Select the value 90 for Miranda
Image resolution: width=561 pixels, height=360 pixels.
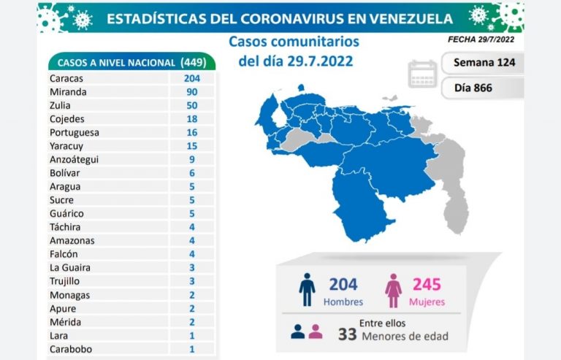point(193,92)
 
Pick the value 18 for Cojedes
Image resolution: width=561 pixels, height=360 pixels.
point(193,119)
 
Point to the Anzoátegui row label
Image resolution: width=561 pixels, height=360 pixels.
point(74,159)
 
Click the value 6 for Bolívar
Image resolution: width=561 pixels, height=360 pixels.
point(193,173)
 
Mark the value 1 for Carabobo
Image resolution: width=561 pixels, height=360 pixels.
point(193,348)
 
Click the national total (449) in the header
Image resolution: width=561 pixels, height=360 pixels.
point(195,63)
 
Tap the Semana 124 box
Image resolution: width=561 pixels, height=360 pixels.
point(484,62)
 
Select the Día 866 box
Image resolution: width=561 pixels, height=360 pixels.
point(473,88)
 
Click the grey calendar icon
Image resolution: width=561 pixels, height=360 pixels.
point(423,74)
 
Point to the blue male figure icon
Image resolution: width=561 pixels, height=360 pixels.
point(308,290)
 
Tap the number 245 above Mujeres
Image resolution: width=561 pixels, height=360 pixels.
point(426,283)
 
